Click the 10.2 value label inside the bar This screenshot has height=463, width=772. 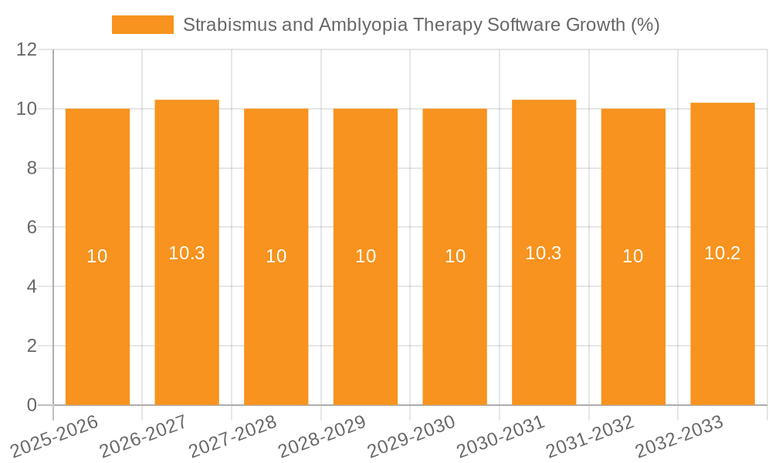coord(723,253)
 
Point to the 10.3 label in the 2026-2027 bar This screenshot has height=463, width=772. coord(187,253)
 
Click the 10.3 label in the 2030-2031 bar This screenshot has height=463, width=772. coord(543,253)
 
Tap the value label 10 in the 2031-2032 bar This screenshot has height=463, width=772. coord(633,256)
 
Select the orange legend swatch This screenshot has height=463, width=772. coord(143,25)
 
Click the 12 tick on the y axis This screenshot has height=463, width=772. coord(27,50)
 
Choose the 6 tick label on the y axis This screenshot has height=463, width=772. coord(32,228)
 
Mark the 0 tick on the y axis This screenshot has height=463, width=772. coord(32,405)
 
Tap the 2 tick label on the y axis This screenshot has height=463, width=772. coord(32,346)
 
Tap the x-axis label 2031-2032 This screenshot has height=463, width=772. coord(591,437)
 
